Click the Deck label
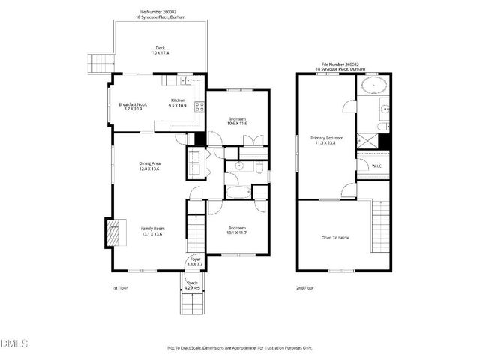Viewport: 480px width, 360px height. pyautogui.click(x=160, y=51)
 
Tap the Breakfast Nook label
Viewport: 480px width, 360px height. pyautogui.click(x=132, y=106)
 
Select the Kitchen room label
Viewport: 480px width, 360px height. pyautogui.click(x=178, y=103)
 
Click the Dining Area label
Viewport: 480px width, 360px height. pyautogui.click(x=150, y=166)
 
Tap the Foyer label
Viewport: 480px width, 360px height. pyautogui.click(x=194, y=262)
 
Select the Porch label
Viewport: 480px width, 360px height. pyautogui.click(x=192, y=285)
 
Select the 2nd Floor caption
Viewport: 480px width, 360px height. pyautogui.click(x=305, y=287)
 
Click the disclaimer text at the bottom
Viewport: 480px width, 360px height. pyautogui.click(x=240, y=348)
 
